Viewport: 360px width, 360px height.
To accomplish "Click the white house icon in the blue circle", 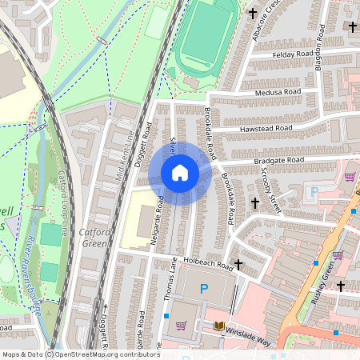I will click(180, 173).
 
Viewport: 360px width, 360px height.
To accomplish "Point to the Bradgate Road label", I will click(278, 161).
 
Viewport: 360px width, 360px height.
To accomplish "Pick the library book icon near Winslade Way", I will click(219, 326).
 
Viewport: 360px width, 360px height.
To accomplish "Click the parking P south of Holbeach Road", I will click(204, 288).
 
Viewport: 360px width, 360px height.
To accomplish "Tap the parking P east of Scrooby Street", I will click(314, 192).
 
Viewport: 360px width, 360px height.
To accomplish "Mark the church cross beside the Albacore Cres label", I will click(254, 13).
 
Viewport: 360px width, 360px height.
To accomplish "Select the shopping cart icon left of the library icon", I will click(181, 326).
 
